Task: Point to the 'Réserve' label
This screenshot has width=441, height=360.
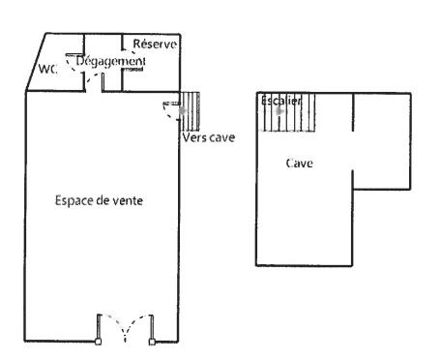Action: coord(153,43)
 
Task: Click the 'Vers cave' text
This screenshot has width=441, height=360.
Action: coord(209,136)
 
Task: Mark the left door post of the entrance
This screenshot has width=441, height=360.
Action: coord(99,342)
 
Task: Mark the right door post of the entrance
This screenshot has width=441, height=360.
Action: coord(151,342)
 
